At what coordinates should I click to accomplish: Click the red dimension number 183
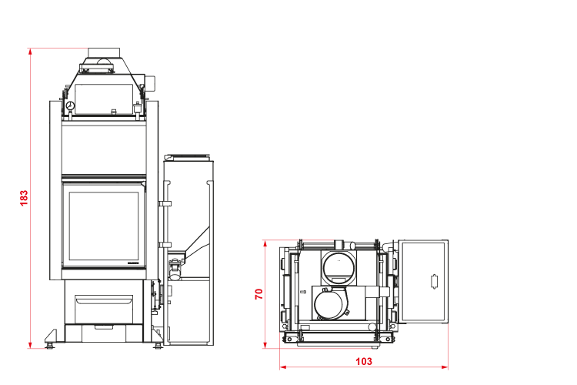pos(24,198)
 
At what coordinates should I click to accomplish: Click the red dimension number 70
pos(259,294)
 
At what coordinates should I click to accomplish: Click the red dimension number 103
pos(364,361)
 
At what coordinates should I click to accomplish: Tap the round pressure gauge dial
pos(70,106)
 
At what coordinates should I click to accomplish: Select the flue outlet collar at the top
pos(104,52)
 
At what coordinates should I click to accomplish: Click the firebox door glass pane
pos(104,226)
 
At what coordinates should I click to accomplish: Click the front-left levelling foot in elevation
pos(49,346)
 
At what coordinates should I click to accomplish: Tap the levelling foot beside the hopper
pos(158,346)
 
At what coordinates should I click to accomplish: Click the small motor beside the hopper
pos(175,269)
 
